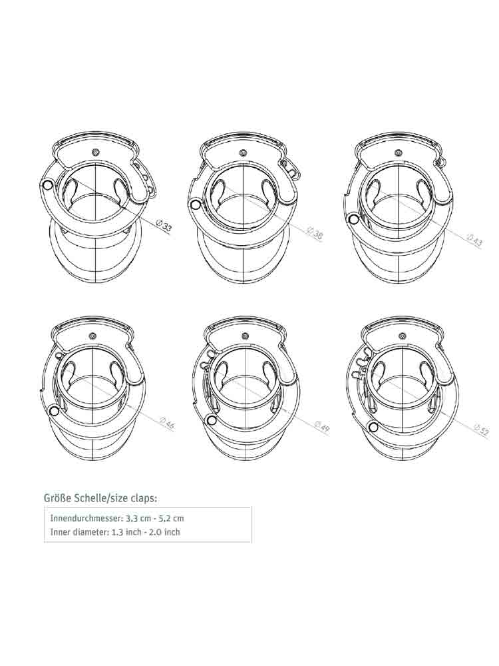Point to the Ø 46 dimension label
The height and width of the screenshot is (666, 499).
point(166,424)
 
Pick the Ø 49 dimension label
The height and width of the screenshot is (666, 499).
point(321,426)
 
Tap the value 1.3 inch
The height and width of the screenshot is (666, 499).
point(127,531)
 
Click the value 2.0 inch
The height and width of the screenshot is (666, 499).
point(166,531)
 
